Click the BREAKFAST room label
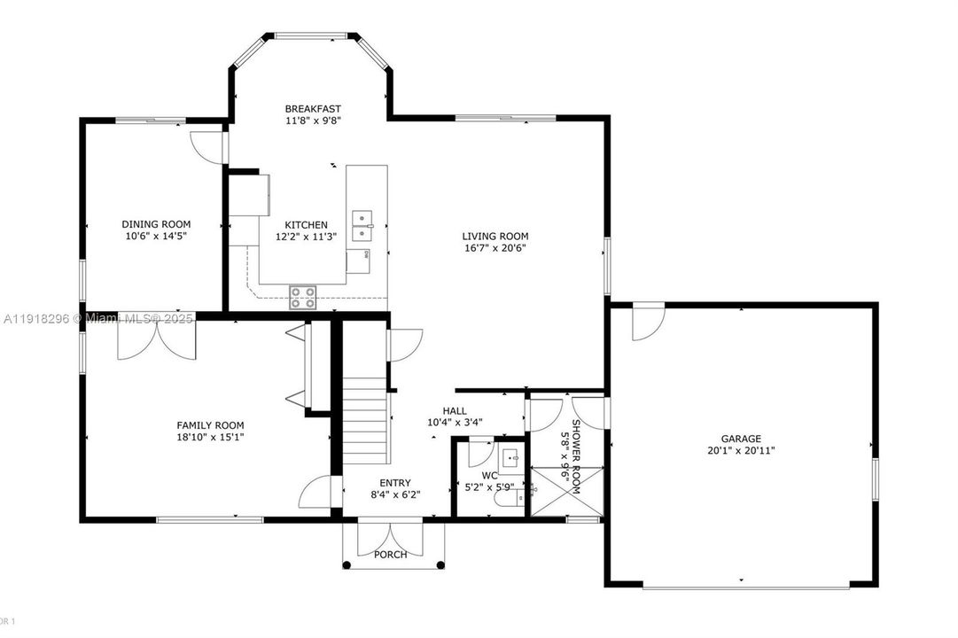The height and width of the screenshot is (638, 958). click(313, 109)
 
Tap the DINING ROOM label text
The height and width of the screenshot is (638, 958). click(156, 224)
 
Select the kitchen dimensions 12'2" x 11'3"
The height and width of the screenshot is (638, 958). click(306, 237)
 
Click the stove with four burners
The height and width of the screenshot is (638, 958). click(302, 297)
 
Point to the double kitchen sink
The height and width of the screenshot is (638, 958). click(363, 226)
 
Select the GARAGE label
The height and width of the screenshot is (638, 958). click(740, 439)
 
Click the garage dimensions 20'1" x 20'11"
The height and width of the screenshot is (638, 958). click(740, 450)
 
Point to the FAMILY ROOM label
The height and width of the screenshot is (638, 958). click(210, 425)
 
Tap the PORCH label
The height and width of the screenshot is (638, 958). click(391, 555)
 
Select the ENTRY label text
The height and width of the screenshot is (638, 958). click(394, 483)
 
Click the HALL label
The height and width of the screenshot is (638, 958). click(454, 410)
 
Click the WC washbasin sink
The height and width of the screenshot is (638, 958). click(511, 458)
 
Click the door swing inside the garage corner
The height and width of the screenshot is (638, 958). click(647, 322)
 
